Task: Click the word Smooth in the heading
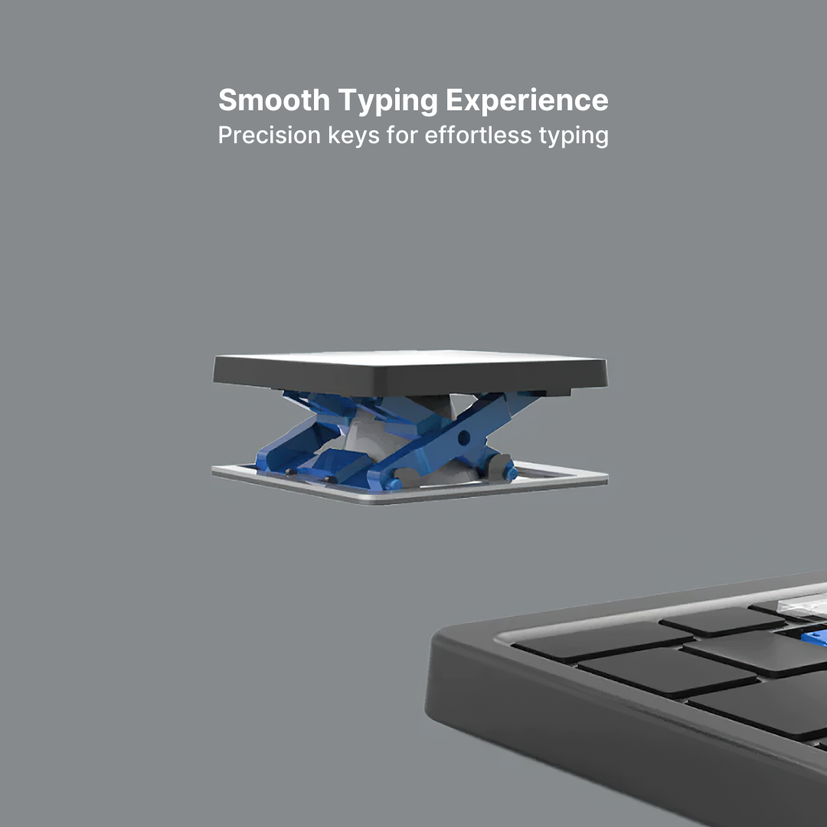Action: click(274, 100)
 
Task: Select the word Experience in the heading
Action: click(527, 100)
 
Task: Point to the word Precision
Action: click(269, 136)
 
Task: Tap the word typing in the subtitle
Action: click(573, 136)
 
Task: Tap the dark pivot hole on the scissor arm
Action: click(464, 437)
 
